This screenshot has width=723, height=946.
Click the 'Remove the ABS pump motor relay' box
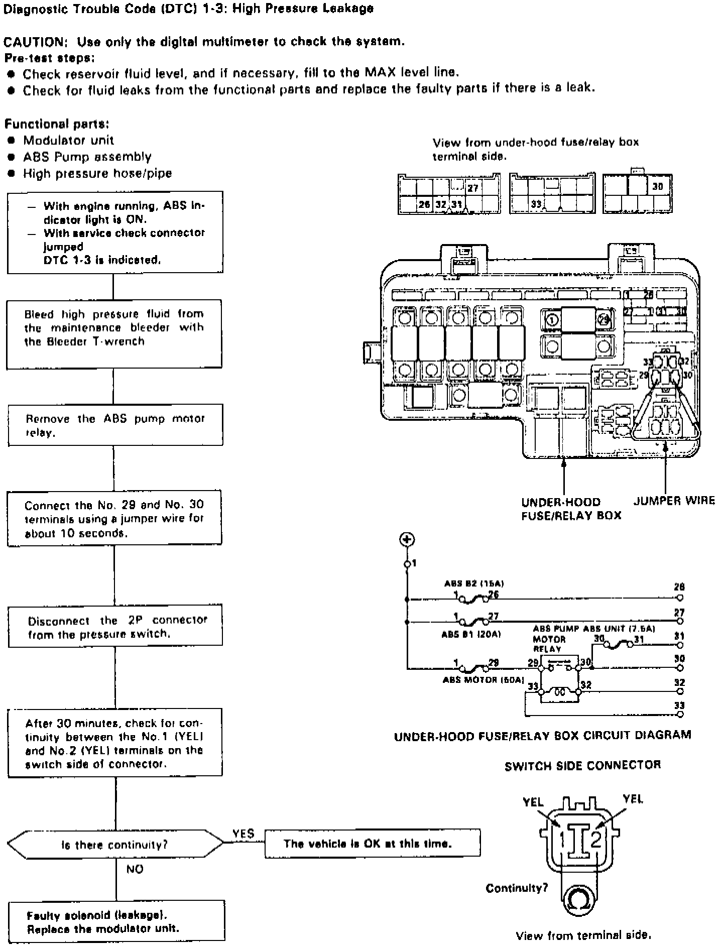115,425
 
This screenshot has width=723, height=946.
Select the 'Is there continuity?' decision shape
115,845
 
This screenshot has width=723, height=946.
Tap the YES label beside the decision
243,834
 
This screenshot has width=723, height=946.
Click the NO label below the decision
135,869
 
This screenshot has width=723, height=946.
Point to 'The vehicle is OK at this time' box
372,844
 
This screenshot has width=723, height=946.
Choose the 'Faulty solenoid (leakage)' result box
116,921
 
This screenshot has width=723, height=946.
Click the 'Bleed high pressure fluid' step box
114,333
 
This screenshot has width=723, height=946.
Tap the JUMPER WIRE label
674,501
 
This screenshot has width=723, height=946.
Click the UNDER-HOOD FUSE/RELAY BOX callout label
571,509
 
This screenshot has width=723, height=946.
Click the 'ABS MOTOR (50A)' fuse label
483,680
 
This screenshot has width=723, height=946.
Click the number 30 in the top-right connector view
657,186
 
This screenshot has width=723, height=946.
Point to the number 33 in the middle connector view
536,204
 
